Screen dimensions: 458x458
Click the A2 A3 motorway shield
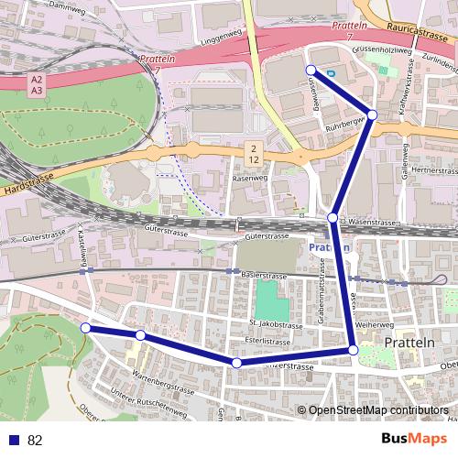36,84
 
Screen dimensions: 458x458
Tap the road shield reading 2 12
254,153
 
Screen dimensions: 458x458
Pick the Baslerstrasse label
263,275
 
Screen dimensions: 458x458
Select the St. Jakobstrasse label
275,325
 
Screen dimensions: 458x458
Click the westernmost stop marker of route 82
85,327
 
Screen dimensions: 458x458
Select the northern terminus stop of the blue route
311,70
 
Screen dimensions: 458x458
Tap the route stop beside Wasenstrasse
333,219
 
